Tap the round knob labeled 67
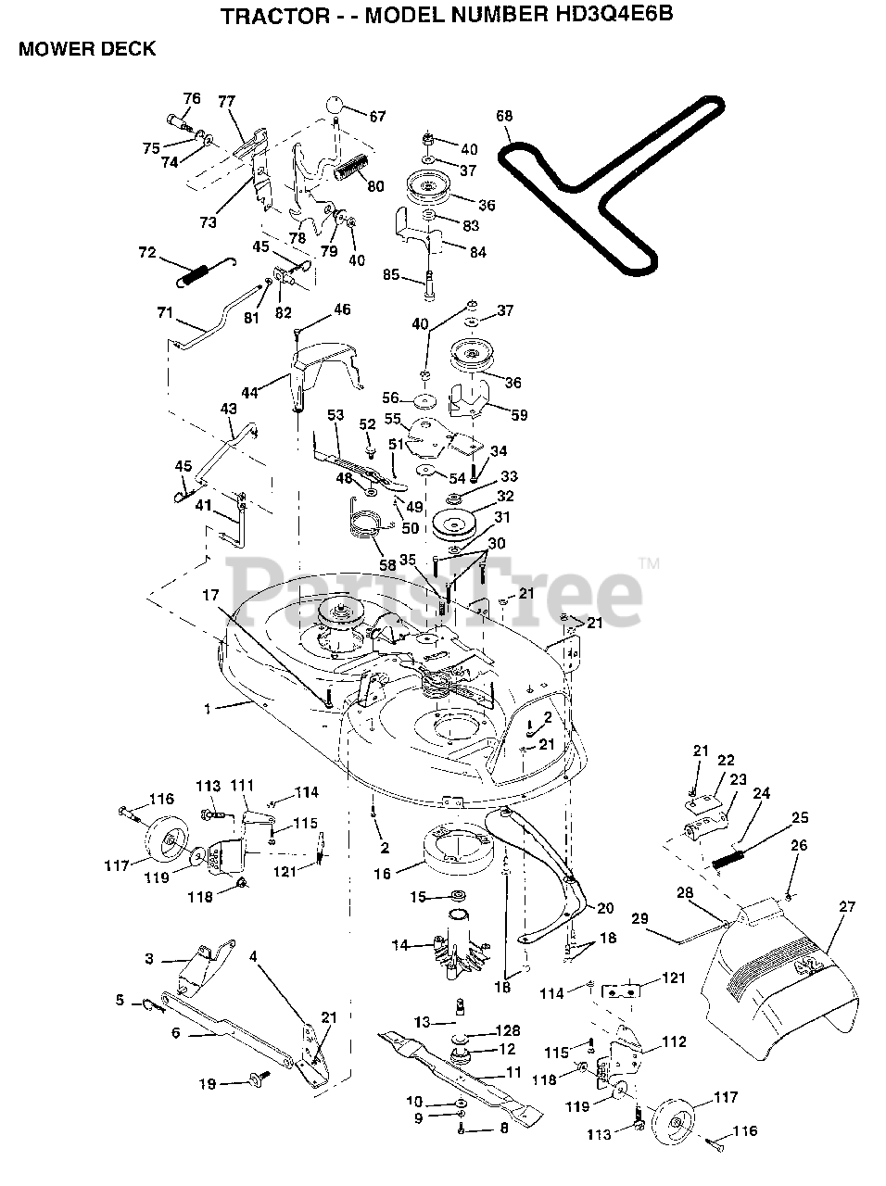[335, 104]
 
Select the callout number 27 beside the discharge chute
[847, 907]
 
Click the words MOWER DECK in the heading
[87, 49]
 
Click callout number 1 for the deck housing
[209, 709]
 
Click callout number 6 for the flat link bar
[175, 1032]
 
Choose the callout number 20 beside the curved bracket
[605, 908]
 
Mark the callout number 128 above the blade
[509, 1030]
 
